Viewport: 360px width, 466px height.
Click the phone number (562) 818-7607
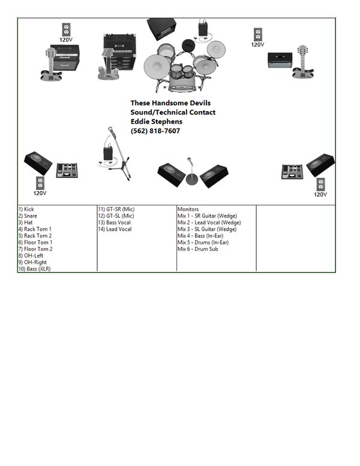coord(155,131)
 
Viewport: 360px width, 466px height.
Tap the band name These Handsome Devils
coord(170,103)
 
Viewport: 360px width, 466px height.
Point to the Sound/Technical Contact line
coord(173,112)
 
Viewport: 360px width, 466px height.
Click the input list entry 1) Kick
coord(26,210)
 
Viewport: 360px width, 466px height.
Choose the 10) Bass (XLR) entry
coord(34,268)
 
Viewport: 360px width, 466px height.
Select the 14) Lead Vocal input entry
coord(115,229)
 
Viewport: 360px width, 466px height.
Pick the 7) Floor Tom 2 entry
coord(35,249)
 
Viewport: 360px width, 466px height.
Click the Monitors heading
coord(188,210)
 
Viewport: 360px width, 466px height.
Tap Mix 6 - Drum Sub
coord(197,249)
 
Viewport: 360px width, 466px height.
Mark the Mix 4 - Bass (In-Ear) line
coord(202,235)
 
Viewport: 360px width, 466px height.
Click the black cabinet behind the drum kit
coord(161,28)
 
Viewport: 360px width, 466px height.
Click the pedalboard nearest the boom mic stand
coord(68,170)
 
